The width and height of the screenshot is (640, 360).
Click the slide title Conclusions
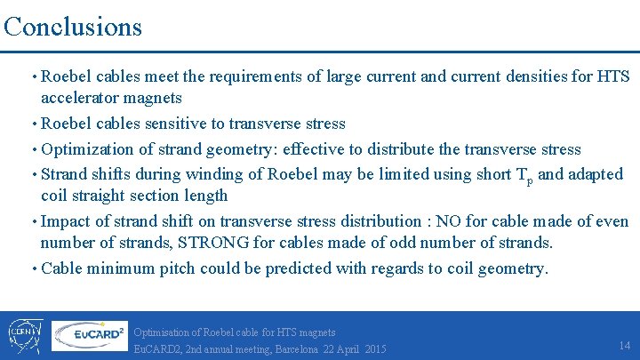point(72,26)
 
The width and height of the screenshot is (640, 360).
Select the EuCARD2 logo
point(89,335)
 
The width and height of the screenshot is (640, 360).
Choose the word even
point(610,220)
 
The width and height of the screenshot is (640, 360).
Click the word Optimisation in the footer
point(163,332)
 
